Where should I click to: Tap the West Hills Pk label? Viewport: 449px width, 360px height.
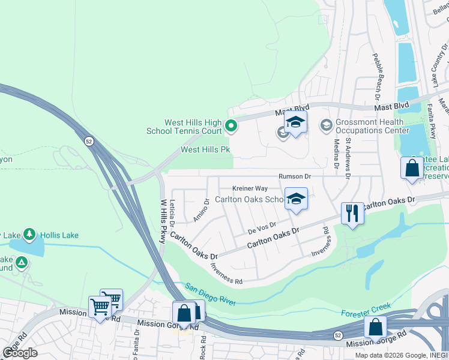(x=206, y=149)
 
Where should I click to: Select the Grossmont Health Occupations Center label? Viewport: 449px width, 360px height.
(x=372, y=125)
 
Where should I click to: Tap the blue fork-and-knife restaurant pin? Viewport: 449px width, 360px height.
(x=352, y=214)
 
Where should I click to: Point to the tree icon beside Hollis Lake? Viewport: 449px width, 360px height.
(x=29, y=235)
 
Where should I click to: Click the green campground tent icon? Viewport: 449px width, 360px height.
(x=22, y=262)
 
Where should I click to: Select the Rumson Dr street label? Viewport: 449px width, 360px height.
(x=295, y=176)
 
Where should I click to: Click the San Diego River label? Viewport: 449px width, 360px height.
(x=210, y=293)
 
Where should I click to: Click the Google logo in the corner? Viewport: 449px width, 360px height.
(x=20, y=352)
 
